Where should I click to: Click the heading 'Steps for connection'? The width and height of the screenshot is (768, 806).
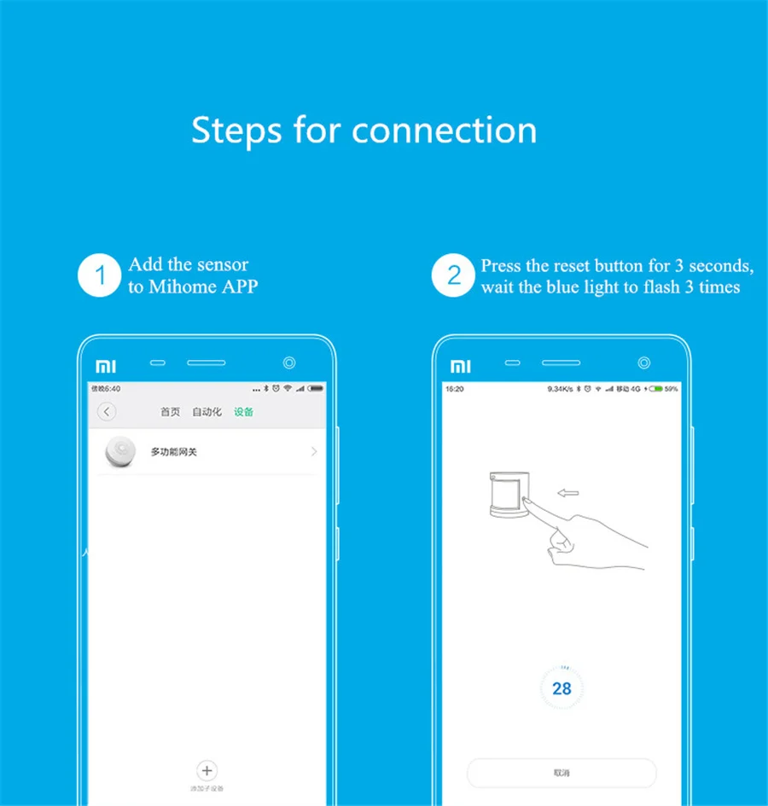[364, 130]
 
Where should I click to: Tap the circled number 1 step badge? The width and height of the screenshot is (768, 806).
[101, 275]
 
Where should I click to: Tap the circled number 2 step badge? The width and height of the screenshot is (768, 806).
[453, 275]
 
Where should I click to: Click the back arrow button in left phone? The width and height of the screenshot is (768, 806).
[107, 412]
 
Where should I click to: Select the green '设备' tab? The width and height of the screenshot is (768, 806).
[243, 412]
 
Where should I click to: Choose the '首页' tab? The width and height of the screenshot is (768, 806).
[171, 412]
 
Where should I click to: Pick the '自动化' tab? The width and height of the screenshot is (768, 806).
[207, 412]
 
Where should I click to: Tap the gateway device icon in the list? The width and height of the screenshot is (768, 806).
[120, 451]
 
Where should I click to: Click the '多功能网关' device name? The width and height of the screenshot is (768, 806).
[173, 452]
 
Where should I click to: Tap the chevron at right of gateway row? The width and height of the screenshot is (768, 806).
[314, 451]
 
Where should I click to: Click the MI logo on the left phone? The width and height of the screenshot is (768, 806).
[105, 366]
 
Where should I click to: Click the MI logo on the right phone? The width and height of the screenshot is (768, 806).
[459, 366]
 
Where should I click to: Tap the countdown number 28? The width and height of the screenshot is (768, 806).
[561, 688]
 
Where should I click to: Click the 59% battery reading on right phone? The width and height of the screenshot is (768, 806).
[671, 389]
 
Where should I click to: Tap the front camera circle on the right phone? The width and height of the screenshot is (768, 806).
[643, 363]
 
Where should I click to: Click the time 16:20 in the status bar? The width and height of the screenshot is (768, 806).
[455, 389]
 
